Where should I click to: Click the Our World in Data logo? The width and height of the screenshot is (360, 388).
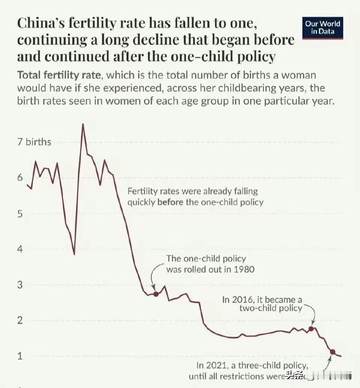(x=322, y=28)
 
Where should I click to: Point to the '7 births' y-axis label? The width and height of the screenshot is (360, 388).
(x=34, y=142)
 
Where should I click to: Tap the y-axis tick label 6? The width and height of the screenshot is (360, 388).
(x=20, y=178)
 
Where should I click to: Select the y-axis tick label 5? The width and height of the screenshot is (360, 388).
(x=20, y=214)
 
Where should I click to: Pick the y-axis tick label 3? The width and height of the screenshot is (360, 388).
(x=20, y=285)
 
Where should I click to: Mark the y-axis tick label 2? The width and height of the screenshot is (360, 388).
(x=20, y=321)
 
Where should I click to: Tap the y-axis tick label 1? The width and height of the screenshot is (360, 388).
(x=20, y=356)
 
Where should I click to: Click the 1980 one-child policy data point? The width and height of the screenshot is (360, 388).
(x=156, y=294)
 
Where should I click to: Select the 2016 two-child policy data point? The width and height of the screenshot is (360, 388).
(x=311, y=329)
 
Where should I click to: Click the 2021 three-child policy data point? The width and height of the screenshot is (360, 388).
(x=332, y=351)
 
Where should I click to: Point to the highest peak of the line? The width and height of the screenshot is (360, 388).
(x=83, y=124)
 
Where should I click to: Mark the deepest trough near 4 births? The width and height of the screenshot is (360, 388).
(x=74, y=254)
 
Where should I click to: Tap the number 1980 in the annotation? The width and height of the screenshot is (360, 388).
(x=243, y=269)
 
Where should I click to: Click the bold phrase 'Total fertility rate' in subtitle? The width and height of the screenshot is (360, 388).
(x=59, y=75)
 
